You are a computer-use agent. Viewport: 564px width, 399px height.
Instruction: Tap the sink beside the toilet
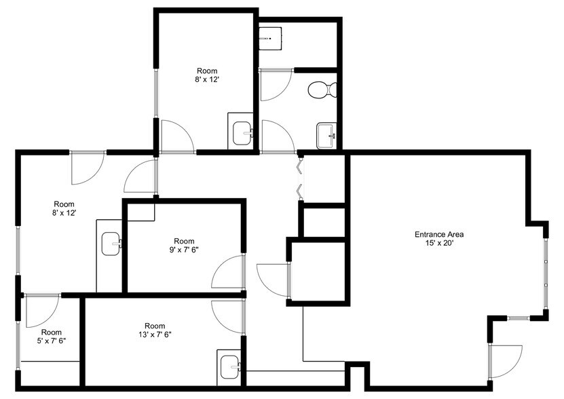click(x=327, y=135)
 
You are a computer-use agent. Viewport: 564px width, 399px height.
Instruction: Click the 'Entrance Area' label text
click(x=439, y=235)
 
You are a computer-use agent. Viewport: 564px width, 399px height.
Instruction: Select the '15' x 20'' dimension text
click(x=439, y=244)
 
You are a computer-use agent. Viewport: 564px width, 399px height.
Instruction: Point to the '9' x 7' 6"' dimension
click(x=184, y=250)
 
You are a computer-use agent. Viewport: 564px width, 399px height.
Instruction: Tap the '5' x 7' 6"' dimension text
click(x=51, y=341)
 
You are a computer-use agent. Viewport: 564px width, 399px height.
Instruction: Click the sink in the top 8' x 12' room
click(x=242, y=133)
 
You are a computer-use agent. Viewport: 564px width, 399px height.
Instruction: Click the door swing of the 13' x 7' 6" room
click(x=227, y=313)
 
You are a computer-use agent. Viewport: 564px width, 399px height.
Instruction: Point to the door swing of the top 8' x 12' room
click(x=175, y=136)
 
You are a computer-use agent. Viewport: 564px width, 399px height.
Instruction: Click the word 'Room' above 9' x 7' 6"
click(x=184, y=241)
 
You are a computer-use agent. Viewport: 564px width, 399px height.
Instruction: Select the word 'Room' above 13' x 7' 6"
click(x=155, y=325)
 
